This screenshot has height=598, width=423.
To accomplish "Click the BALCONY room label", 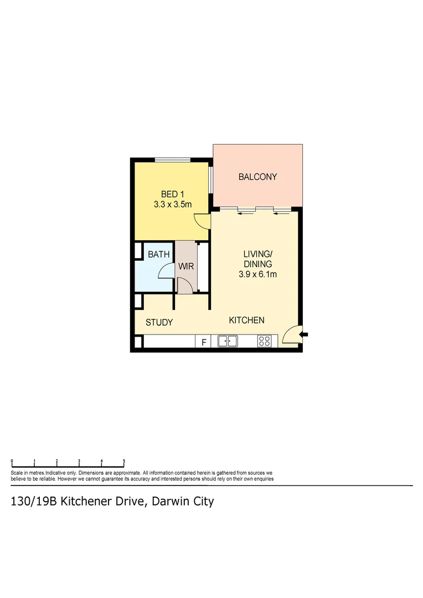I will [257, 177].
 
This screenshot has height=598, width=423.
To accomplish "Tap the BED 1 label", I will [172, 194].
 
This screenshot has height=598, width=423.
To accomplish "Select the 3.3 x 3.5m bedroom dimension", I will [172, 204].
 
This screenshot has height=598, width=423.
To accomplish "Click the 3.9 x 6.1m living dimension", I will [258, 274].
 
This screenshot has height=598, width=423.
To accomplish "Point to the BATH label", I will [158, 255].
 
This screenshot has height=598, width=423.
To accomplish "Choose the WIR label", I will [185, 266].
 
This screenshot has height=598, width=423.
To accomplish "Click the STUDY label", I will [159, 323].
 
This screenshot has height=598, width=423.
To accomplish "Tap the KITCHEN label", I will [247, 320].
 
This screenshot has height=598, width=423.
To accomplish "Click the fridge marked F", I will [203, 342].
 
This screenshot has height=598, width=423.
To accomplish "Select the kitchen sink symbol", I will [228, 342].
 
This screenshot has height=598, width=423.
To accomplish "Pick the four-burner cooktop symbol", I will [264, 342].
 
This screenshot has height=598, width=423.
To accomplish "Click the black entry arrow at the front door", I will [304, 334].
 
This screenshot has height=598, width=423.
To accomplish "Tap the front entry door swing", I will [291, 336].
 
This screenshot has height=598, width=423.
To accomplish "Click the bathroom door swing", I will [166, 271].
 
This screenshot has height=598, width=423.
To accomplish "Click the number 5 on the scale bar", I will [124, 461].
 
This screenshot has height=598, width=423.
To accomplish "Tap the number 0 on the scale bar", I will [12, 461].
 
